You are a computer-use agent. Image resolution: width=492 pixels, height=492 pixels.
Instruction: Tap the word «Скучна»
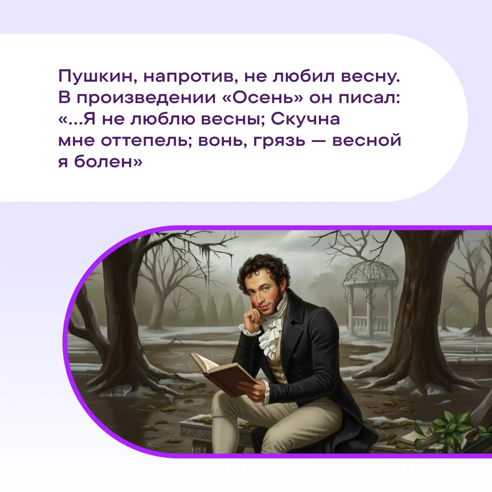305,119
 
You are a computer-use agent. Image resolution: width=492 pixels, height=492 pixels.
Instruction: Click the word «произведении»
146,98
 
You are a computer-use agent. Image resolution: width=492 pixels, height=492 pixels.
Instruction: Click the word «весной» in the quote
367,140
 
